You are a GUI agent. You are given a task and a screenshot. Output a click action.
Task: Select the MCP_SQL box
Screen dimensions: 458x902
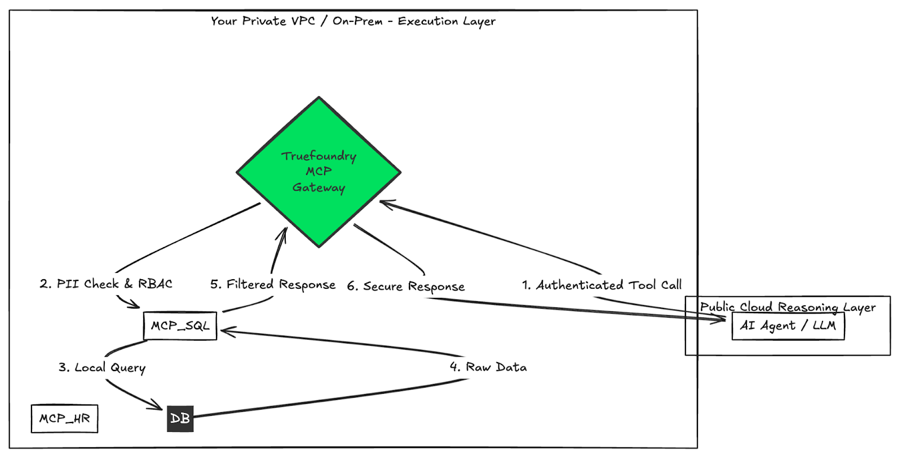tap(180, 326)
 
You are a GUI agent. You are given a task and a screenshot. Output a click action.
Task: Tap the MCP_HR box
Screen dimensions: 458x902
tap(64, 419)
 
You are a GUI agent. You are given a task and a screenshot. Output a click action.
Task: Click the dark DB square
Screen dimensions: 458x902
tap(180, 419)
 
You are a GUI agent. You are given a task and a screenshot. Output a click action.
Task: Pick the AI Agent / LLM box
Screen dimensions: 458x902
tap(788, 326)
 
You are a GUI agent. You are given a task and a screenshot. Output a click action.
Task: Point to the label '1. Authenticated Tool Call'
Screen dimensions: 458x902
tap(602, 285)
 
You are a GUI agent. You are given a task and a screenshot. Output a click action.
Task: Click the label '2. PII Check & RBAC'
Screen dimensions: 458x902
tap(106, 284)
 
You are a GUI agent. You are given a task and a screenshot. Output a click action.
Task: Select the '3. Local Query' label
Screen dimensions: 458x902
tap(102, 368)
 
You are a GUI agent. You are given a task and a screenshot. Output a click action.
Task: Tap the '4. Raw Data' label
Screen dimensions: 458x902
tap(488, 367)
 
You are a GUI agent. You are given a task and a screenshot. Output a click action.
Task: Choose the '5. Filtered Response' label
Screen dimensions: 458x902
tap(273, 285)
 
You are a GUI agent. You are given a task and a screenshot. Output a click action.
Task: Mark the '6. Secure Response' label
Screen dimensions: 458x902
tap(406, 287)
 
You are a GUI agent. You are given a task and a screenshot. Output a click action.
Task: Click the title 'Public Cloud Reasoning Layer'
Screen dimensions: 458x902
tap(788, 307)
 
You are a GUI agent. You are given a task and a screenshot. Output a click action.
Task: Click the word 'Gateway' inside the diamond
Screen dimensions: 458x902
tap(319, 188)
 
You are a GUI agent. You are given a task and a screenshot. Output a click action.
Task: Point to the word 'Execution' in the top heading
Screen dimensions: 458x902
tap(428, 21)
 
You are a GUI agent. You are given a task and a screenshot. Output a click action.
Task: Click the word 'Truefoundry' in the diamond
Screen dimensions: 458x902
tap(319, 156)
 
